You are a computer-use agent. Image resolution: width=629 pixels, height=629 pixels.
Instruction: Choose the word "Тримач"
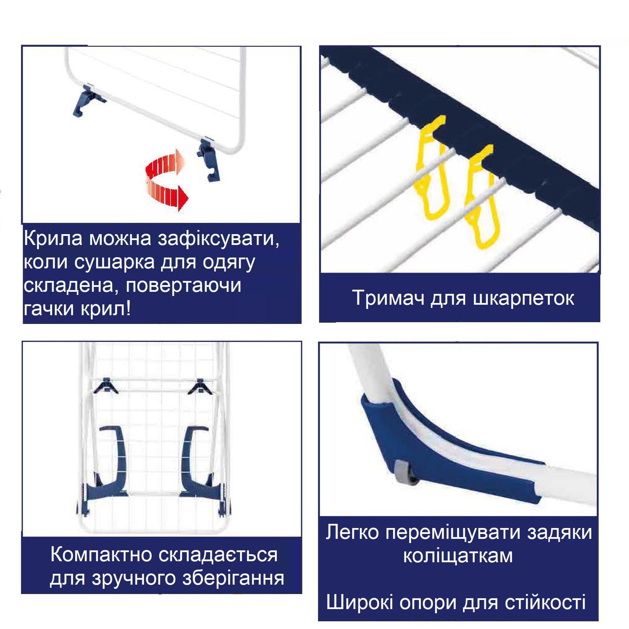[388, 298]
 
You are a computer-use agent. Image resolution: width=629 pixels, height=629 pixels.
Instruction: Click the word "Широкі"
[360, 602]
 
